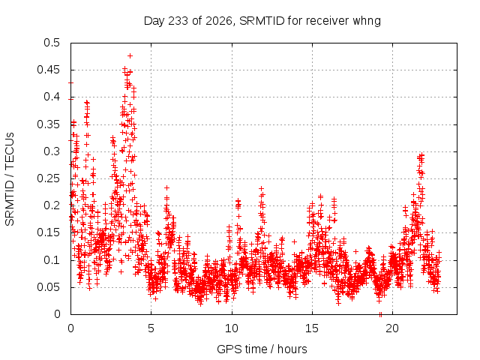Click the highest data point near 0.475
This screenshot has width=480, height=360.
(130, 56)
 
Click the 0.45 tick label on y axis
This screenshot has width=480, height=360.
(48, 70)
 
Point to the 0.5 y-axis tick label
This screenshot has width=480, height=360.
(52, 43)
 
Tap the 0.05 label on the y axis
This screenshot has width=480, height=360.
(48, 287)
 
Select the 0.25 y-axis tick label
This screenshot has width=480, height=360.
(48, 178)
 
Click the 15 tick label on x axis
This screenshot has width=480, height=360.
(312, 328)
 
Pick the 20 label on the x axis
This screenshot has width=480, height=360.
(392, 328)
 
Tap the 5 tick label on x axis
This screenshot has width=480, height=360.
(151, 328)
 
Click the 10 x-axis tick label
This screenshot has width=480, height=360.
(232, 328)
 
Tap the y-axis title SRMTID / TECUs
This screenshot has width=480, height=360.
(10, 179)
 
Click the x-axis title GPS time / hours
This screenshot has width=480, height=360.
(262, 349)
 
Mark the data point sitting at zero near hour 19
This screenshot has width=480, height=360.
(380, 314)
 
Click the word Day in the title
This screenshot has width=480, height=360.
(154, 21)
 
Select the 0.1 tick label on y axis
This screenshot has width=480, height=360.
(52, 260)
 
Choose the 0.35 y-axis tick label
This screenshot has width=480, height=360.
(48, 124)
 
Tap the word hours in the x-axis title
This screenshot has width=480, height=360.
(292, 349)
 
